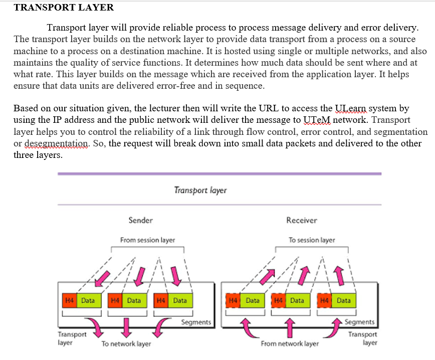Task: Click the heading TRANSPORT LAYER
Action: pos(64,8)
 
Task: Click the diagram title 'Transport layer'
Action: pos(200,191)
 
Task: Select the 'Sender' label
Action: pos(141,220)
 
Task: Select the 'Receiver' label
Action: pos(302,220)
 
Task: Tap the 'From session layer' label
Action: pos(148,240)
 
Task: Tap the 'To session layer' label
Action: pos(312,240)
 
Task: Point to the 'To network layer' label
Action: pos(126,344)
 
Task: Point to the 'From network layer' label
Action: pos(290,344)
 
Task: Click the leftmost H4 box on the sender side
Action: pos(69,300)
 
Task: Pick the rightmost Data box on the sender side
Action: pos(179,300)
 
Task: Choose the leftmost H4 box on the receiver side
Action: pos(233,300)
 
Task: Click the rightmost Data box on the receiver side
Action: pos(344,300)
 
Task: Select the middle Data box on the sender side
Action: pos(134,300)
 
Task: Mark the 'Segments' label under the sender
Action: pos(196,322)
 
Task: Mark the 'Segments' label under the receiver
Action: pos(360,322)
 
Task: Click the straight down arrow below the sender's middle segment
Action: pos(126,327)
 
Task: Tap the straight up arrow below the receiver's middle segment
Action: pos(289,327)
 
